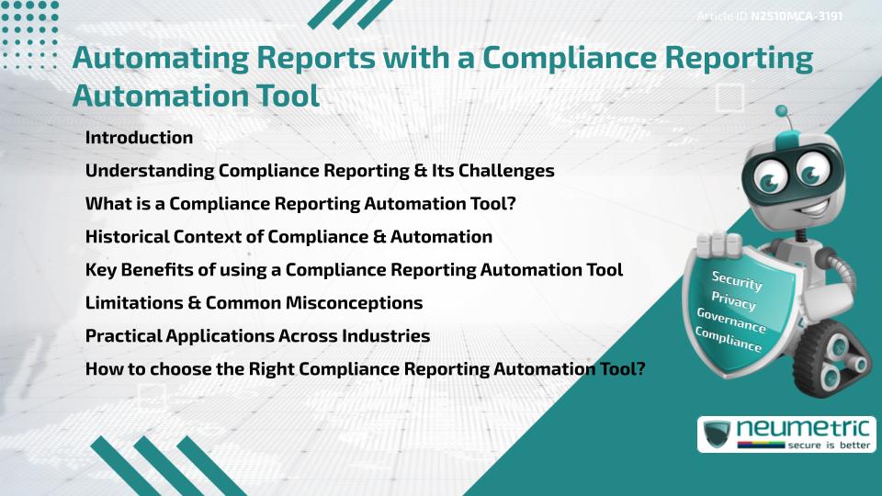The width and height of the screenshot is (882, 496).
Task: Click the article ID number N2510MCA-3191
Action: pyautogui.click(x=797, y=17)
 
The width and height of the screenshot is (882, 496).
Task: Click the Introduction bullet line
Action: pyautogui.click(x=139, y=138)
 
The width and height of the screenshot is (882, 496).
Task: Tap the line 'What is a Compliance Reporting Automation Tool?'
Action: pyautogui.click(x=300, y=204)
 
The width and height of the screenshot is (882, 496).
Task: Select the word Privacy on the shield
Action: pyautogui.click(x=733, y=300)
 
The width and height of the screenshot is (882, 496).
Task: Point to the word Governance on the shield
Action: pyautogui.click(x=730, y=321)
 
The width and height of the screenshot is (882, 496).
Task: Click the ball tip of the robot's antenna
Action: pyautogui.click(x=782, y=112)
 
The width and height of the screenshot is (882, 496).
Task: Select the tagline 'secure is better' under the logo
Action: pyautogui.click(x=824, y=445)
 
